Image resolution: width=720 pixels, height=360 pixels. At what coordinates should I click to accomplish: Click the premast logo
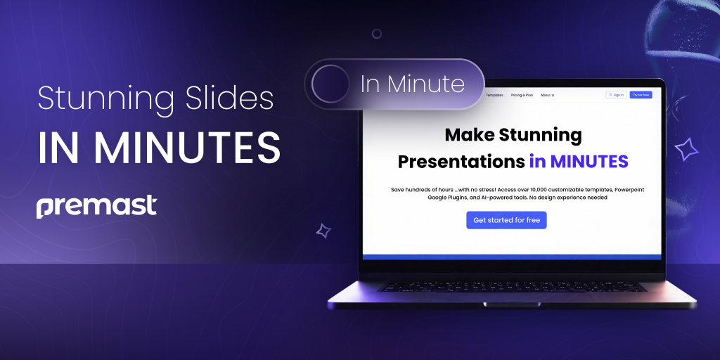[96, 207]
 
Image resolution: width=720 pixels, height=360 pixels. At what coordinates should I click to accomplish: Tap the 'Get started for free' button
[506, 220]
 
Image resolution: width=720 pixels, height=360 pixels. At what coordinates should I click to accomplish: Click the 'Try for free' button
[641, 95]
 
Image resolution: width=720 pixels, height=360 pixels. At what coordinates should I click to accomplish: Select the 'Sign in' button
[616, 95]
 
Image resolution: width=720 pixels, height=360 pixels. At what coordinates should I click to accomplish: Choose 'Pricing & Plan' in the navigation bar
[522, 95]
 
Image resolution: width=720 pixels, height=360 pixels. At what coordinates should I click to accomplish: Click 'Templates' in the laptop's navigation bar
[495, 95]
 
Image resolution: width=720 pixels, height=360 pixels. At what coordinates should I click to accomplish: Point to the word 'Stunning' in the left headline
[98, 99]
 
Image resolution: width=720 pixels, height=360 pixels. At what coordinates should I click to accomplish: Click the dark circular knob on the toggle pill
[330, 84]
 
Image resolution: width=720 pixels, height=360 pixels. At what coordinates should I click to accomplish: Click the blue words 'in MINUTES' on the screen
[579, 162]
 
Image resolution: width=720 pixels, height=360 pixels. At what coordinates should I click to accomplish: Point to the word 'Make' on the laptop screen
[470, 134]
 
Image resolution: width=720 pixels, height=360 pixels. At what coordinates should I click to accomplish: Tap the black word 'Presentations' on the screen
[461, 162]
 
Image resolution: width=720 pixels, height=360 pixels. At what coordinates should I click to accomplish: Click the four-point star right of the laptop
[686, 149]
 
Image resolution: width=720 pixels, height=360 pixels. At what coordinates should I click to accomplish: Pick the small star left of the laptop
[323, 230]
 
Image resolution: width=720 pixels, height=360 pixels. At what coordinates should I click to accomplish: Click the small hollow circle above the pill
[377, 34]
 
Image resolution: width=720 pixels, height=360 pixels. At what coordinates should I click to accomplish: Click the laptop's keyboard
[511, 287]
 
